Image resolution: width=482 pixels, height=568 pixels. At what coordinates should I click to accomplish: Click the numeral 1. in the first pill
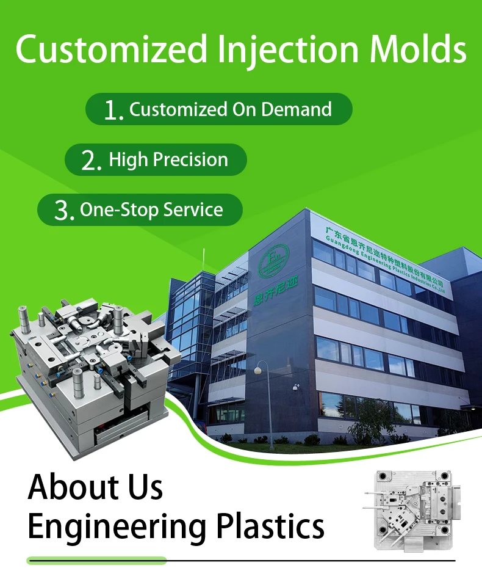pyautogui.click(x=113, y=110)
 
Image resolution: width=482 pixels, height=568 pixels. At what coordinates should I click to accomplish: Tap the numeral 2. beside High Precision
pyautogui.click(x=92, y=161)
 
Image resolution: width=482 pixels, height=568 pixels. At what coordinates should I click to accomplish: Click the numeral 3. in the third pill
pyautogui.click(x=64, y=211)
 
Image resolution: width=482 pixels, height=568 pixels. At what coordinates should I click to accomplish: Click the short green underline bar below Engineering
pyautogui.click(x=96, y=560)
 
